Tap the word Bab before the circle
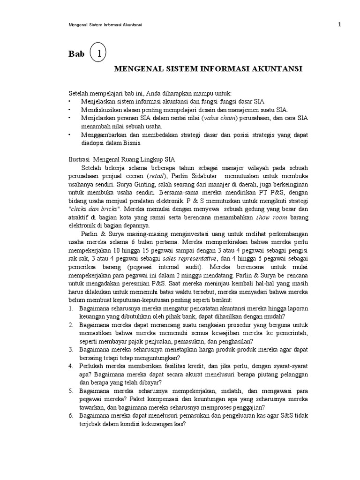click(x=76, y=54)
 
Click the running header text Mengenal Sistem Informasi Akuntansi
click(x=105, y=25)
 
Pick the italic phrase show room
click(x=270, y=217)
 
